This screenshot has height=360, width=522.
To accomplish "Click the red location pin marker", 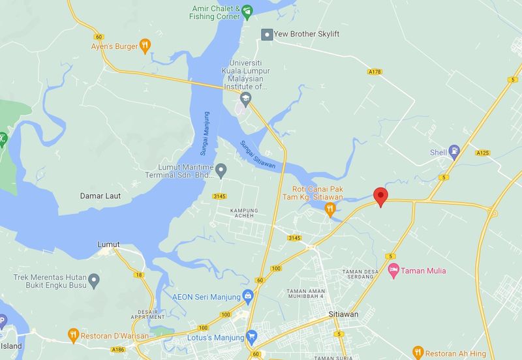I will coord(380,196).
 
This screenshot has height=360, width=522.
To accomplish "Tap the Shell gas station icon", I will coord(455,153).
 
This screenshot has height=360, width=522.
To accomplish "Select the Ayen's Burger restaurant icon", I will coord(145,46).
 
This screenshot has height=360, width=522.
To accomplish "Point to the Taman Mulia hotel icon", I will coord(393,270).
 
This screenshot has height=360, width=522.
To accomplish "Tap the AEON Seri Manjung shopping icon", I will coord(248,297).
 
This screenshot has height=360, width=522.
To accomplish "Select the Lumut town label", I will coord(108,245).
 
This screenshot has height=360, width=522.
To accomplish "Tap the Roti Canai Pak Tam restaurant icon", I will coord(330,209).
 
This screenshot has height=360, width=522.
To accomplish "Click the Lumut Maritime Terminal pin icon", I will coord(221,171).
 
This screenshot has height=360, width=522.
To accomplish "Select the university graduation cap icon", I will coord(245,99).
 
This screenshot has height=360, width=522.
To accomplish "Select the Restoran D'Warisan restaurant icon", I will coord(74,335).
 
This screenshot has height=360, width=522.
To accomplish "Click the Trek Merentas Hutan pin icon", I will coord(94,282).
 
